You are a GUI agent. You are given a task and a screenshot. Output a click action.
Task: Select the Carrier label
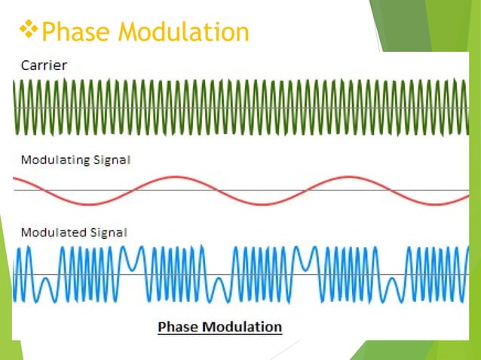[x=43, y=66]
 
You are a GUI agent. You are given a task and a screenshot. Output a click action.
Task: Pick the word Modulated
[x=50, y=233]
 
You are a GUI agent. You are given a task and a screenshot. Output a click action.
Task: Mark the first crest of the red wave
[x=174, y=178]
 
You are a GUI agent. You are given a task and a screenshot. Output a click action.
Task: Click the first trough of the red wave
[x=89, y=203]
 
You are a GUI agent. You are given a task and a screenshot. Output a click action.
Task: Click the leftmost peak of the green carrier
[x=17, y=84]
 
